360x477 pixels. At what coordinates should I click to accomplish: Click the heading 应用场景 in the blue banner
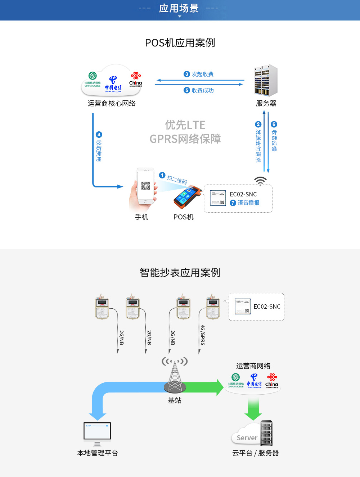pyautogui.click(x=179, y=8)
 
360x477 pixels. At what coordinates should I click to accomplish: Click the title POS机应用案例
pyautogui.click(x=180, y=43)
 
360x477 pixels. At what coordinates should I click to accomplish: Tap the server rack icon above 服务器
pyautogui.click(x=266, y=80)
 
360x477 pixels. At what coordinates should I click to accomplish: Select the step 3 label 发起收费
pyautogui.click(x=202, y=74)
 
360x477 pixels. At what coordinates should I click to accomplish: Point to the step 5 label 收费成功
pyautogui.click(x=202, y=90)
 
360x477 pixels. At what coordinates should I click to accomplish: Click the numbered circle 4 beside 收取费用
pyautogui.click(x=99, y=135)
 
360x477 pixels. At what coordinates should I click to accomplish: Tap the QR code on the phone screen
pyautogui.click(x=145, y=186)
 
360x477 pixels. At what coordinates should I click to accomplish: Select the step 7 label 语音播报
pyautogui.click(x=248, y=203)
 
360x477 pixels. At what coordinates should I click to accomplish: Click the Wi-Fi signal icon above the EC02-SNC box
pyautogui.click(x=260, y=181)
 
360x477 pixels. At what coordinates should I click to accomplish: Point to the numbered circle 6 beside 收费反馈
pyautogui.click(x=274, y=124)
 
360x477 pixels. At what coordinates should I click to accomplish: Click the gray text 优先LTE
pyautogui.click(x=185, y=125)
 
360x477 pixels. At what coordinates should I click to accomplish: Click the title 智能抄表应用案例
pyautogui.click(x=180, y=273)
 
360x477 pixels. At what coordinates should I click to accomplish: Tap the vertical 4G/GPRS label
pyautogui.click(x=203, y=335)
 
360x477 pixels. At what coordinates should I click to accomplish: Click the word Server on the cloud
pyautogui.click(x=247, y=438)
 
